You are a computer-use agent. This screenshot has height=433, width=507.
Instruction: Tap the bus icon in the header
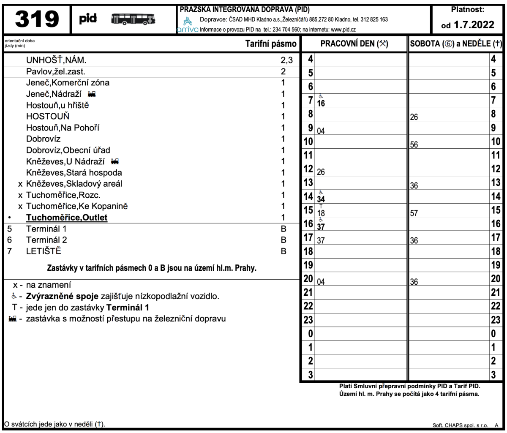[x=133, y=19]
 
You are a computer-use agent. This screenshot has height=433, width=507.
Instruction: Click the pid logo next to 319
[x=88, y=19]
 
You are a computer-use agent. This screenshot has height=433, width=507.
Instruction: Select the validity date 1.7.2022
[x=473, y=25]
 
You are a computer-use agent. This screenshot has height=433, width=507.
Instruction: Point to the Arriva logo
[x=188, y=25]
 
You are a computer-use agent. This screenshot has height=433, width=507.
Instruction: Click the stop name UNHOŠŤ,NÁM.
[x=56, y=60]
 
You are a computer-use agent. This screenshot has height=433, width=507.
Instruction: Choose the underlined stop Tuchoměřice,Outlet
[x=67, y=218]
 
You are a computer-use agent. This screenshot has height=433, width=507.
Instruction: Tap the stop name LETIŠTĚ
[x=44, y=251]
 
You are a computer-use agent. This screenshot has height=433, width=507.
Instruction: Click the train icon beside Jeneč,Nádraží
[x=91, y=94]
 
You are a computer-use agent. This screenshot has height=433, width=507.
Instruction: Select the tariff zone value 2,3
[x=286, y=60]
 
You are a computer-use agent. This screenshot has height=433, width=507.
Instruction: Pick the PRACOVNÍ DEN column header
[x=354, y=44]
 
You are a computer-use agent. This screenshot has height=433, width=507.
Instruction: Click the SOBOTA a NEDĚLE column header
[x=456, y=44]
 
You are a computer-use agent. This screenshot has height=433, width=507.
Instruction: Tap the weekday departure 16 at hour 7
[x=321, y=103]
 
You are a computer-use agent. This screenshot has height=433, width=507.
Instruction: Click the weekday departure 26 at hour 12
[x=321, y=172]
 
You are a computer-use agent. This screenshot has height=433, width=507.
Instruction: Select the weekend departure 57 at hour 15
[x=414, y=213]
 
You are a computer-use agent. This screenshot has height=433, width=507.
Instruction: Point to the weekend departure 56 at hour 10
[x=414, y=144]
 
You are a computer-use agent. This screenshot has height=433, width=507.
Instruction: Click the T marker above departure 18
[x=321, y=206]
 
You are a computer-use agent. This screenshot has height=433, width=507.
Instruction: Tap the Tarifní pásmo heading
[x=271, y=44]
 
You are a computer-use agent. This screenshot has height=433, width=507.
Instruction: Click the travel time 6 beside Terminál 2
[x=9, y=240]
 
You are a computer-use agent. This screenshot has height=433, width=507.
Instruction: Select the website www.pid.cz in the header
[x=343, y=30]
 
